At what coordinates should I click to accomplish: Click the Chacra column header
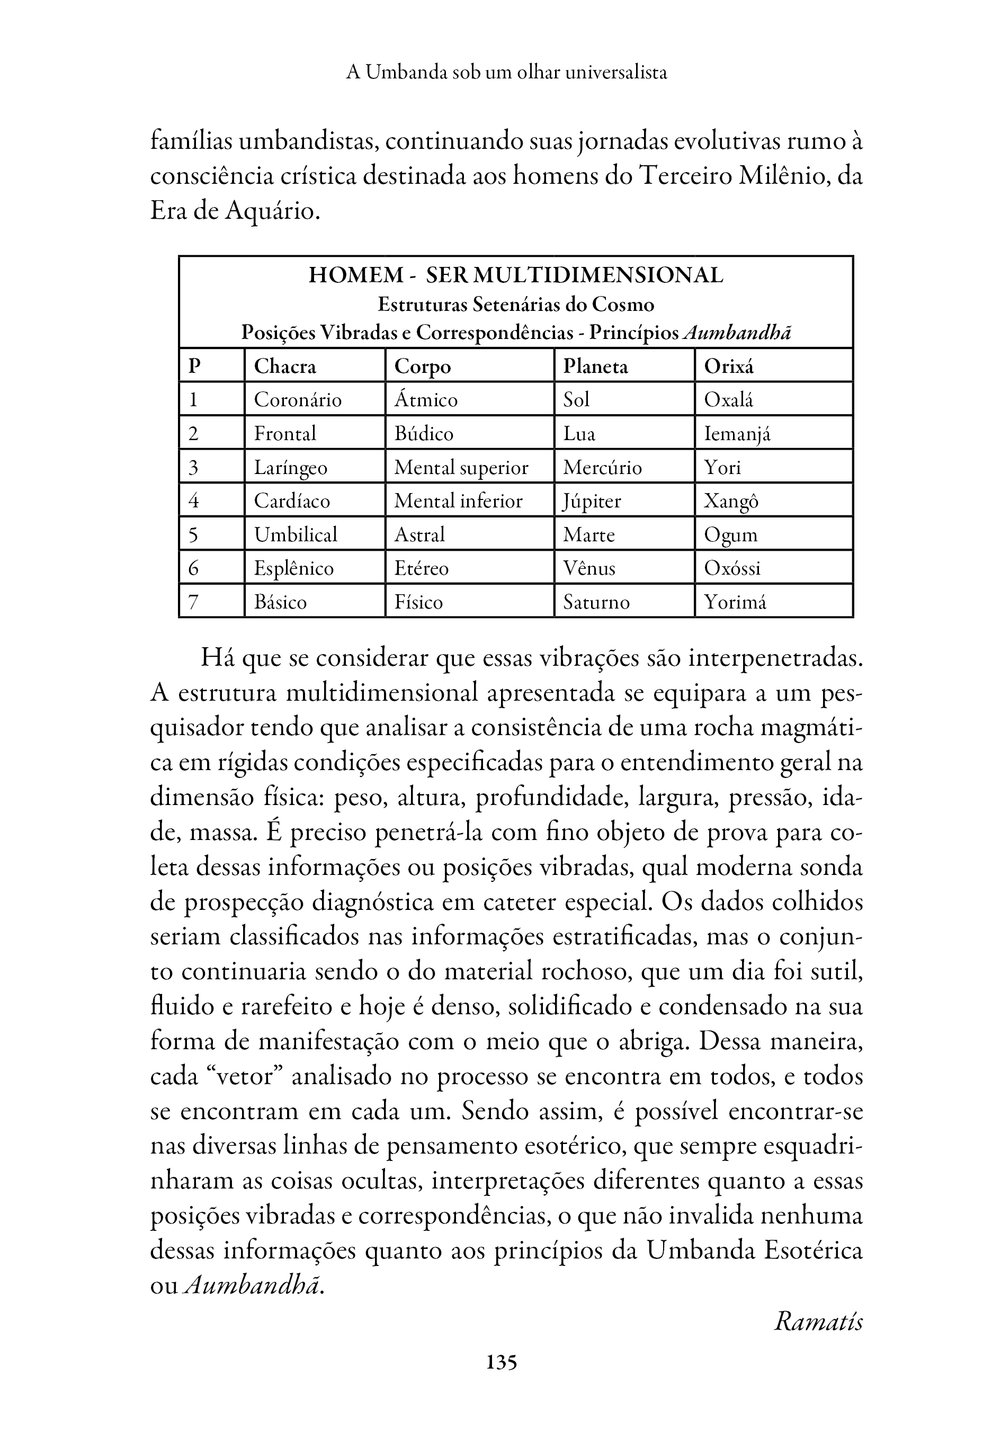click(x=284, y=366)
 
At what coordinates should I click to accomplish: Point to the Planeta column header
click(x=595, y=366)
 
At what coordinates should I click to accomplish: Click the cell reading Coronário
click(x=297, y=400)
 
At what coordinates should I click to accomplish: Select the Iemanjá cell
click(x=737, y=434)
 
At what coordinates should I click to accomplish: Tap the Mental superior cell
click(x=461, y=468)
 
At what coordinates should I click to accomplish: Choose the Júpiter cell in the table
click(x=592, y=502)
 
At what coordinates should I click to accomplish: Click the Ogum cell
click(x=730, y=535)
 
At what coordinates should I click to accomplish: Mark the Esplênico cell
click(x=293, y=568)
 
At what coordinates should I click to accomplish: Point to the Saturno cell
click(x=595, y=602)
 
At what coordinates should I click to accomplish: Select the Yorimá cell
click(x=735, y=602)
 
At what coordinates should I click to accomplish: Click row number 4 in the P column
click(x=194, y=502)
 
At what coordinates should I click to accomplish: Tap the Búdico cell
click(x=423, y=434)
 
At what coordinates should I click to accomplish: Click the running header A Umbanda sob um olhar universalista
click(x=506, y=73)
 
